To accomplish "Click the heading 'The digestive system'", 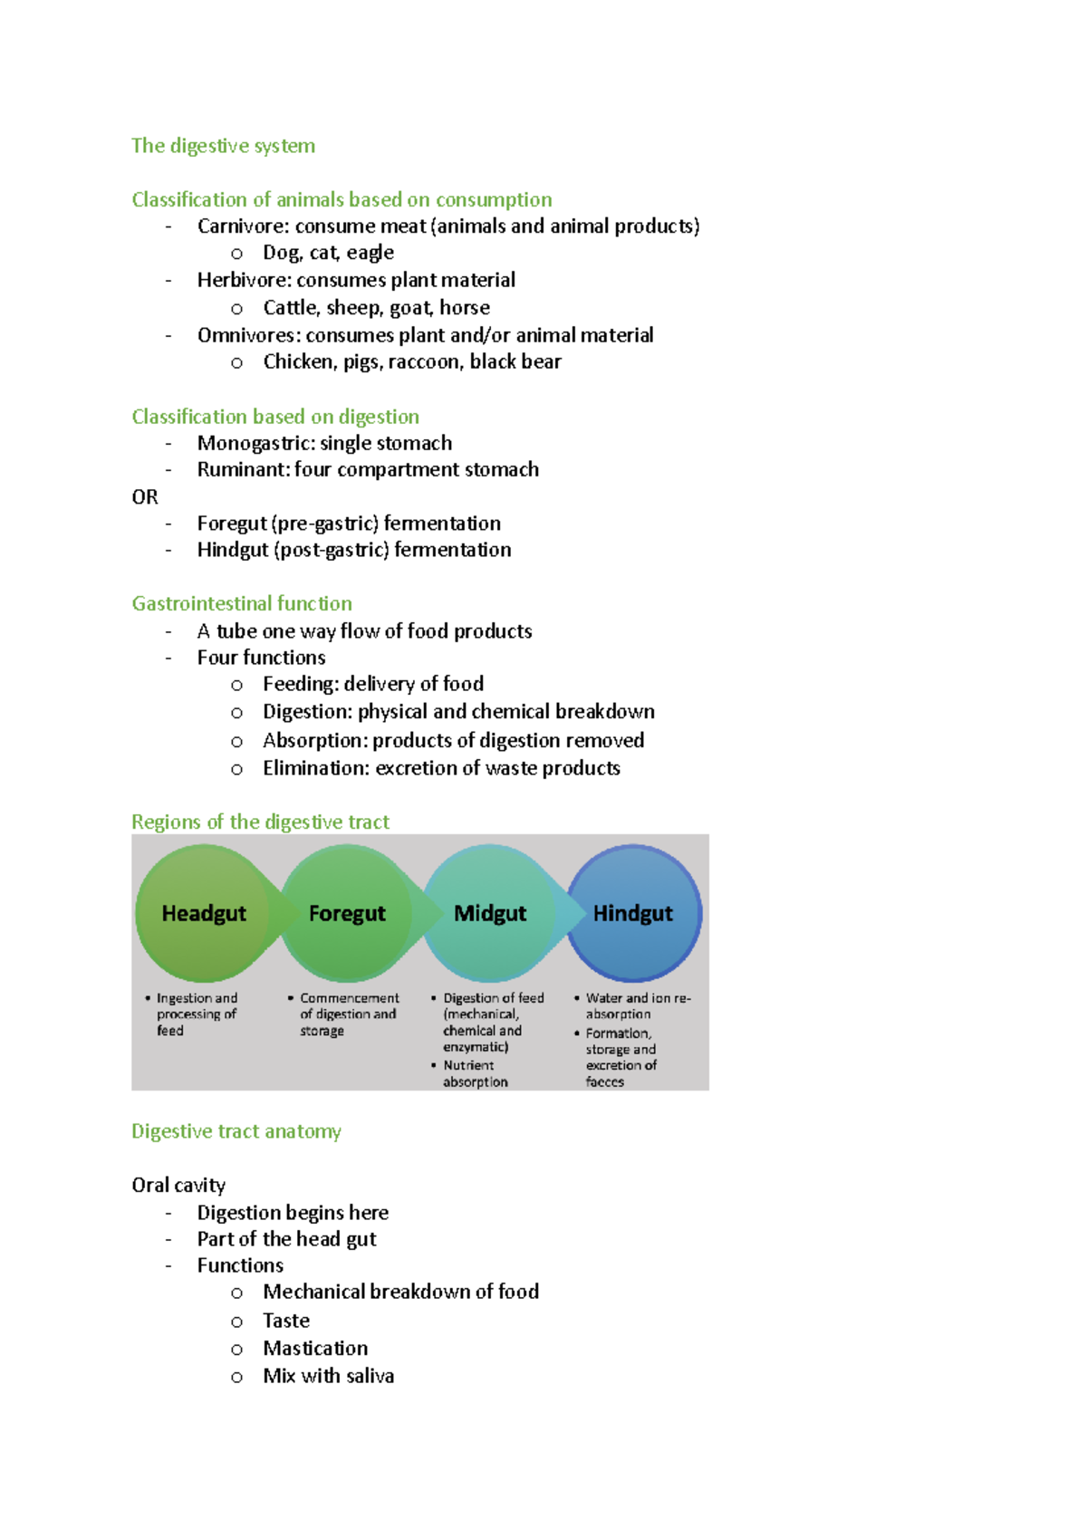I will tap(223, 146).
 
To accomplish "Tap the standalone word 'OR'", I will tap(145, 496).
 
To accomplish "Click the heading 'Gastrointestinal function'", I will tap(242, 603).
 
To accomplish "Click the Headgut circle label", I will tap(204, 913).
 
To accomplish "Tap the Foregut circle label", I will tap(347, 913).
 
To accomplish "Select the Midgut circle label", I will tap(490, 913).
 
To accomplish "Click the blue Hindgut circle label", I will tap(633, 913).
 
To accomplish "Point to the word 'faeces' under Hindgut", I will tap(604, 1081).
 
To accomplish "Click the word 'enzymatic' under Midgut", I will tap(476, 1047).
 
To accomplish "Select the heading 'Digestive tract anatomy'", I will tap(236, 1131).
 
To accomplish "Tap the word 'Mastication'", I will tap(315, 1349).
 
